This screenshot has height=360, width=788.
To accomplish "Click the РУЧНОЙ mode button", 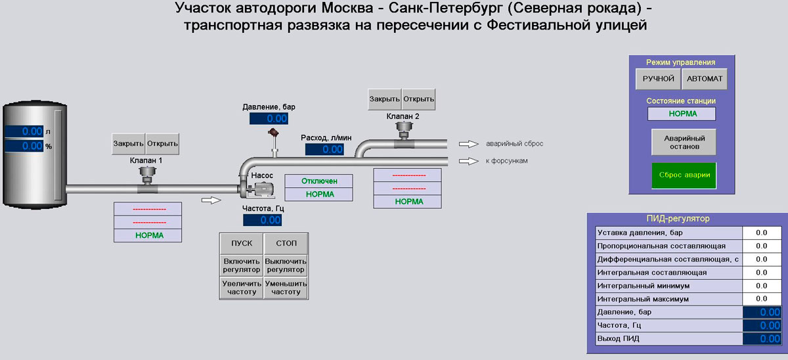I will click(659, 79).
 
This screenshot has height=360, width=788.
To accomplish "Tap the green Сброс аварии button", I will click(684, 175).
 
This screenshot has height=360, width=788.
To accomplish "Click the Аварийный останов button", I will click(684, 143).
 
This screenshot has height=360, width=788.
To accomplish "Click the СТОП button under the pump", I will click(286, 244).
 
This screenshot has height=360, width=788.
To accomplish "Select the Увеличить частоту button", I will click(241, 287).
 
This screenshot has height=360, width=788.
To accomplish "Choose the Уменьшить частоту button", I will click(286, 287).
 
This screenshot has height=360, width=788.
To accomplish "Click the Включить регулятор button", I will click(241, 265).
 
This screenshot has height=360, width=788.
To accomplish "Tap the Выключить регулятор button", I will click(286, 265).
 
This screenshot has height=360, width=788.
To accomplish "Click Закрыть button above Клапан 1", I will click(128, 144).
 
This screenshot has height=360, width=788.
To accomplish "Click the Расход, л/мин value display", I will click(324, 149).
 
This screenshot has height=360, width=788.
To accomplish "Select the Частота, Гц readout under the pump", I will click(262, 220).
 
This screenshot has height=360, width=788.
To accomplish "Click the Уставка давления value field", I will click(761, 233).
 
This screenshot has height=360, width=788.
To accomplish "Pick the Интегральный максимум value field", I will click(761, 299).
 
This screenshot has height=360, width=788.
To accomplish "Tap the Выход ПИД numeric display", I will click(762, 339).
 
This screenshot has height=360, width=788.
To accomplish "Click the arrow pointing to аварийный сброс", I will click(467, 144).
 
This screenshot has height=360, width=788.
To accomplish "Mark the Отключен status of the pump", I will click(318, 181).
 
